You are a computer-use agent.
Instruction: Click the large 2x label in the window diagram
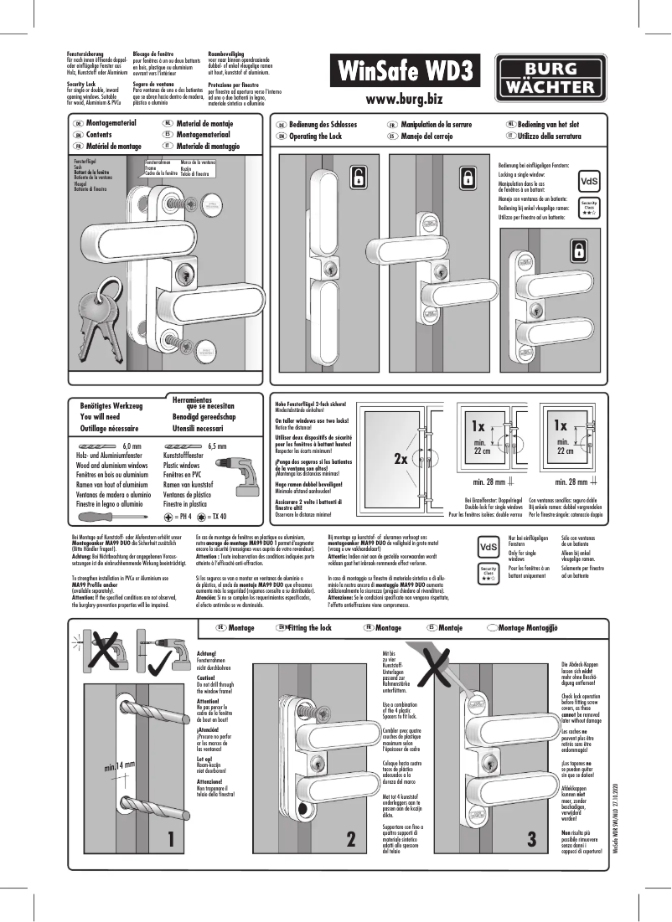[x=401, y=460]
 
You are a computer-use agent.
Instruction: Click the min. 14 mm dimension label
[x=119, y=765]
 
